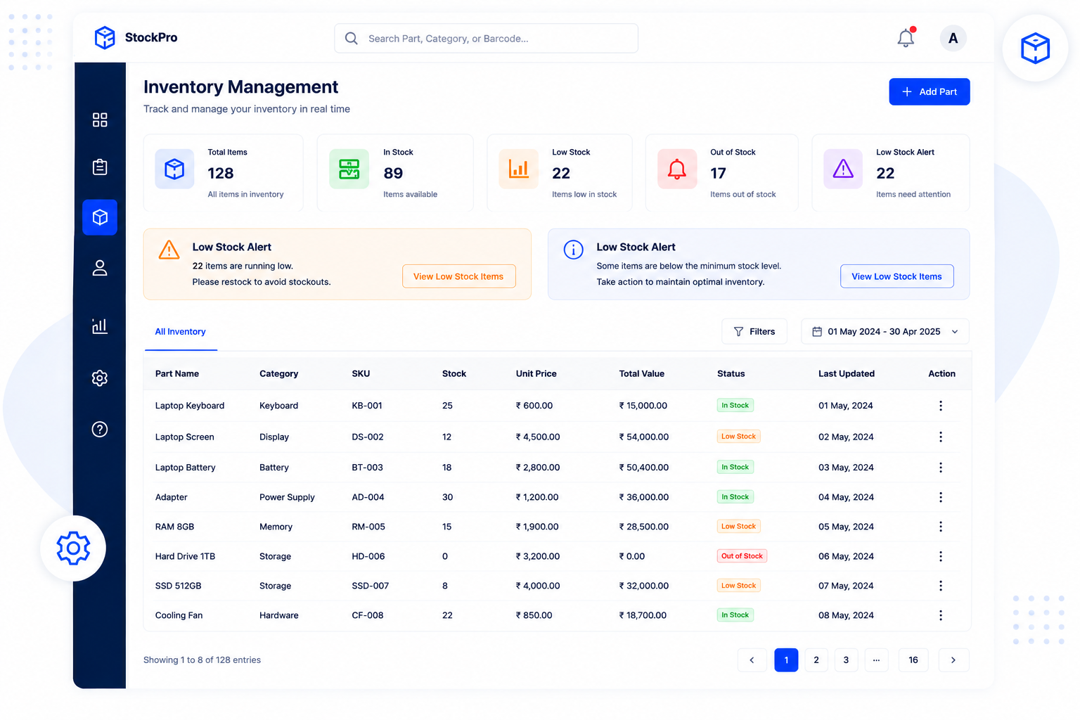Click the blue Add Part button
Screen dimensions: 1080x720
tap(929, 91)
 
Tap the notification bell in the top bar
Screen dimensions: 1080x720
tap(906, 37)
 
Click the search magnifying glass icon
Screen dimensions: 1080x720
tap(352, 39)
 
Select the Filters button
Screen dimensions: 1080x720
tap(754, 331)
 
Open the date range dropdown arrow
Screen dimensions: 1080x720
tap(955, 332)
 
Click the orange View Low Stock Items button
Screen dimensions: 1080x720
tap(458, 276)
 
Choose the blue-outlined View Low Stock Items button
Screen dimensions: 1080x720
tap(896, 276)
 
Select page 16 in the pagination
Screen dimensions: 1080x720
tap(913, 660)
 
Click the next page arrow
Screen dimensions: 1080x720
tap(953, 660)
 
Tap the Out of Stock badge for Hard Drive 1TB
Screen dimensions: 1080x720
tap(742, 556)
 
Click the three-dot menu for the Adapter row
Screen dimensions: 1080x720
tap(941, 497)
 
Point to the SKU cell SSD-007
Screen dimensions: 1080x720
tap(371, 586)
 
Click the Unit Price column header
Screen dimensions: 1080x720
tap(536, 374)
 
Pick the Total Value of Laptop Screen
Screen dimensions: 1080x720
tap(643, 437)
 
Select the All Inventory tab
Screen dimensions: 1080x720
tap(180, 331)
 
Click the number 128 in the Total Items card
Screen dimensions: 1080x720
tap(221, 173)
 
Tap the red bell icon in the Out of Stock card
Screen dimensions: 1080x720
tap(677, 169)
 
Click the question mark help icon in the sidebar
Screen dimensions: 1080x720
tap(100, 429)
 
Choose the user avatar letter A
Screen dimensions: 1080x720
tap(953, 38)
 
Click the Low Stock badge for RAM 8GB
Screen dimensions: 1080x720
tap(738, 526)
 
